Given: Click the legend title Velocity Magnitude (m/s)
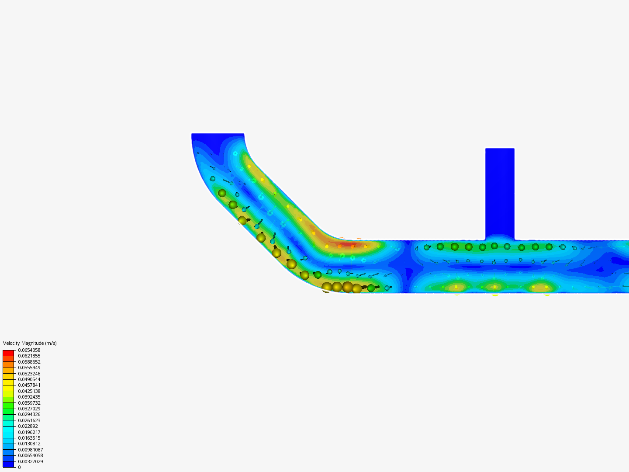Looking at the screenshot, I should (x=30, y=343).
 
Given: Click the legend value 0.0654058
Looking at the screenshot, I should (x=29, y=350).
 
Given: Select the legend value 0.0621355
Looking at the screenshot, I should (x=29, y=356).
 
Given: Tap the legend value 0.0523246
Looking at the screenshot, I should (x=29, y=374).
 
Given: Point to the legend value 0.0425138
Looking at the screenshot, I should (x=29, y=391).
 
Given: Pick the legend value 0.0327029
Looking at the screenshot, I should (x=29, y=409).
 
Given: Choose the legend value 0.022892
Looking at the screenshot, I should (x=28, y=426).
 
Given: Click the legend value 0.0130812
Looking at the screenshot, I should (x=29, y=444).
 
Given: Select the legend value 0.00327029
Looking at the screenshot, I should (x=30, y=462).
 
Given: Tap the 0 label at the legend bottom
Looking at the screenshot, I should (x=19, y=467).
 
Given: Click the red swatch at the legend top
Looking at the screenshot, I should (x=8, y=353).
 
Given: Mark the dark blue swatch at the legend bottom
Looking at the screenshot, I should (x=8, y=464).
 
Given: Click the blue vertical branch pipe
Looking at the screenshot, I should (x=500, y=192).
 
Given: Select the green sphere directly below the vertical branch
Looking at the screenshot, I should (x=494, y=246).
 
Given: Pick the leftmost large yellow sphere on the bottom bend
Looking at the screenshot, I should (x=327, y=287).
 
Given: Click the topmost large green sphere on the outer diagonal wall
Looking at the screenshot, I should (x=222, y=193).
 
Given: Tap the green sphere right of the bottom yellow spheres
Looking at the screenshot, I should (x=371, y=288).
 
